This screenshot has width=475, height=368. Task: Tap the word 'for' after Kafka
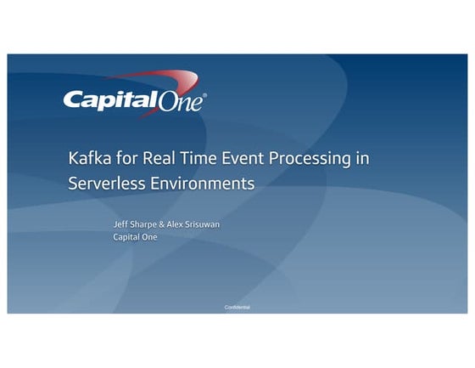click(x=126, y=158)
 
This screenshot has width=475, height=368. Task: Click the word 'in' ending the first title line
click(x=362, y=158)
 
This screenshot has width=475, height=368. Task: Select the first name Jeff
click(x=121, y=224)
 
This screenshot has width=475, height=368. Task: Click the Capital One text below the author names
click(x=135, y=237)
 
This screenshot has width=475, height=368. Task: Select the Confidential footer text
click(x=237, y=307)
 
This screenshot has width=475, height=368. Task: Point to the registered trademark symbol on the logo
click(x=204, y=94)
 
